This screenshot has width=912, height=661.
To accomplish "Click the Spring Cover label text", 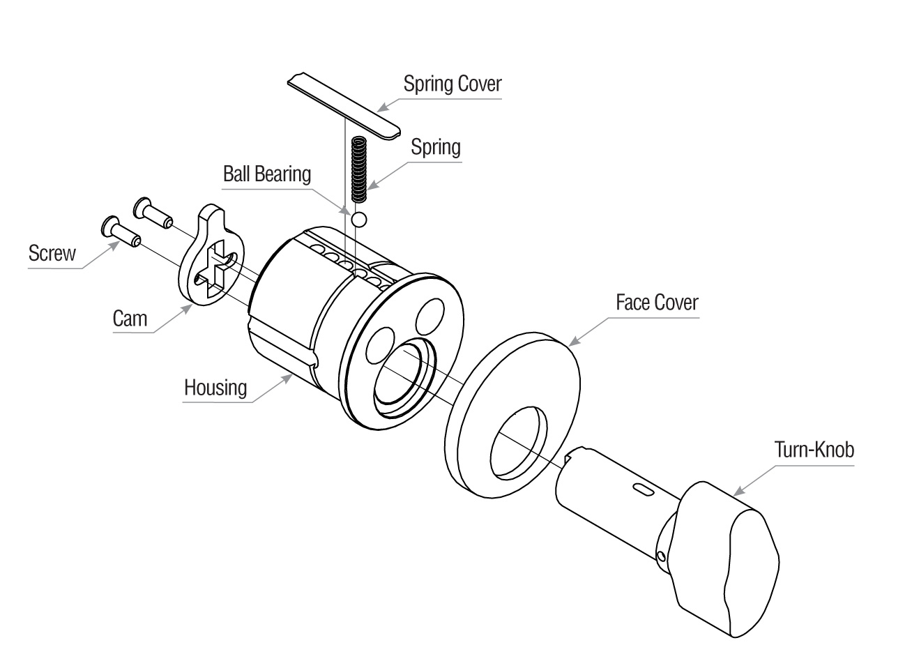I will point(453,84).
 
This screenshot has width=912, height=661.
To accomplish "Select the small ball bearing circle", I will point(359,220).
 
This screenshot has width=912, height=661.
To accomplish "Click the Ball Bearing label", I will point(266,174).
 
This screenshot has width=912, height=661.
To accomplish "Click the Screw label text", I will point(52,252).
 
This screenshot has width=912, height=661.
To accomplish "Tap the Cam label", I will point(130,319).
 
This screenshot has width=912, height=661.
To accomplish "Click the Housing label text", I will point(215,387).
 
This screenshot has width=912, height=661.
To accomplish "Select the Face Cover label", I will point(656,303).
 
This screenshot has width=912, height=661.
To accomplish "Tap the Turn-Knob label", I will point(814,450).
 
